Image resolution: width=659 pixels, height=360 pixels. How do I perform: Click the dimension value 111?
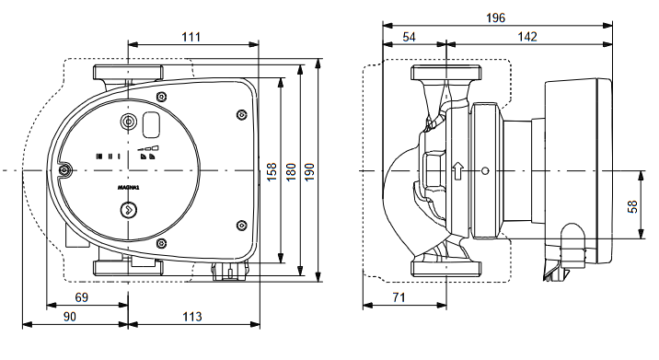[x=191, y=37]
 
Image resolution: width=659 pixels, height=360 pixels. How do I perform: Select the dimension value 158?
[x=272, y=171]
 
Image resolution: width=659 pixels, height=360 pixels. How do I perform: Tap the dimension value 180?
[x=291, y=172]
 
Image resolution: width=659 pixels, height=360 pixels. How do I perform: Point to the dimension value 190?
[x=309, y=172]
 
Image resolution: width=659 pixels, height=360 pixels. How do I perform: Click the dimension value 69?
[x=82, y=297]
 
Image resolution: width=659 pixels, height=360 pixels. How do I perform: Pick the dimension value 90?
[x=70, y=316]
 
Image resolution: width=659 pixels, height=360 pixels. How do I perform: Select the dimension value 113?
[x=192, y=316]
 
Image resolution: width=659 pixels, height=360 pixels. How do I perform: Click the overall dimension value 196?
[x=495, y=18]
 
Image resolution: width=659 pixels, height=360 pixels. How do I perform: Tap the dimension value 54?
[x=409, y=37]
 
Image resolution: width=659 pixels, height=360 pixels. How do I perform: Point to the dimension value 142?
[x=527, y=37]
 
